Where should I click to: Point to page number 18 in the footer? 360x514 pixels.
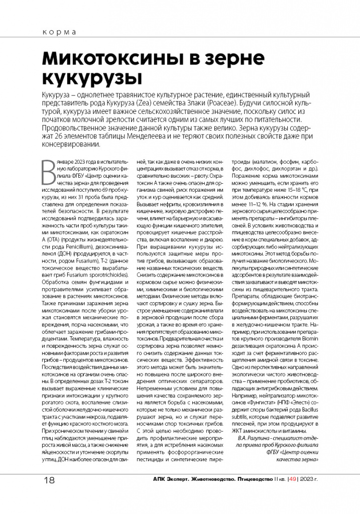50,480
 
